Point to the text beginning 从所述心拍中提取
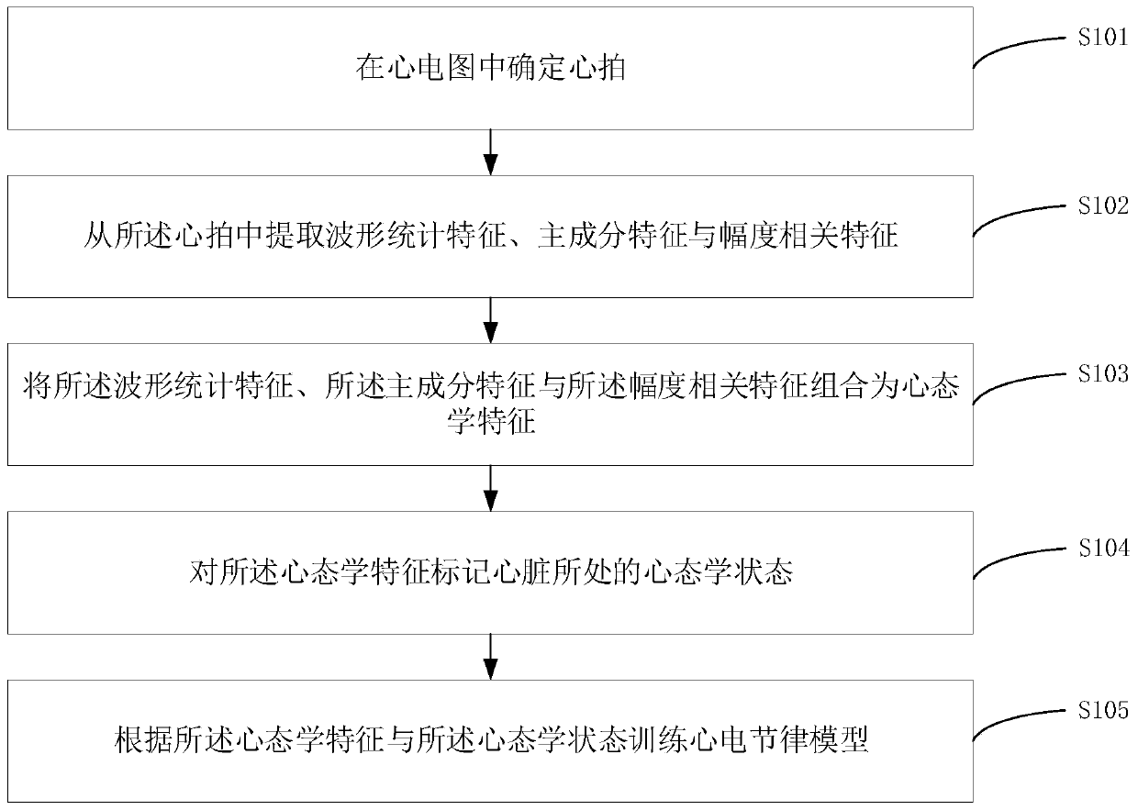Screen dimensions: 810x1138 (491, 237)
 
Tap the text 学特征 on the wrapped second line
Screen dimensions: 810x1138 (491, 425)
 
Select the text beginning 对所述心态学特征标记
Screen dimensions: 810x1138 (491, 573)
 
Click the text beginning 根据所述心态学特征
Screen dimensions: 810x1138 (491, 740)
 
